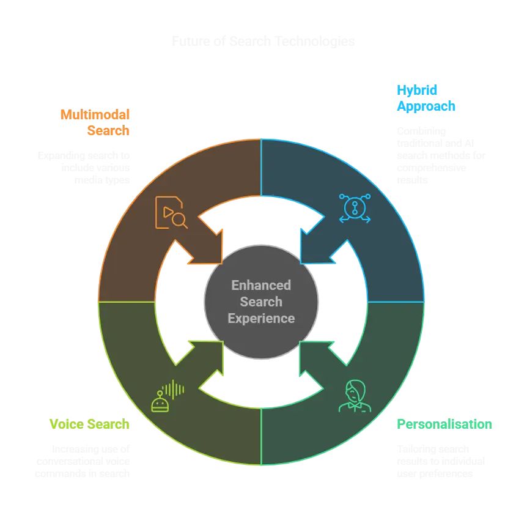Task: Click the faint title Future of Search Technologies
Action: click(263, 42)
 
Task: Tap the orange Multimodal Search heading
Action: click(95, 122)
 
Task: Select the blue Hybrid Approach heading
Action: click(426, 98)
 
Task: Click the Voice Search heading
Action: click(89, 424)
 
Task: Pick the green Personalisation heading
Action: click(444, 424)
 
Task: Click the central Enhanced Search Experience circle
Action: click(261, 302)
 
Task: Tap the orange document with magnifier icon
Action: click(171, 212)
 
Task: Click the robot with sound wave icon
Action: click(167, 396)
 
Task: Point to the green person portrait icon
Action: click(354, 396)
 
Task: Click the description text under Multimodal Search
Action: click(84, 168)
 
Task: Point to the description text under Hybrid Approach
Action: click(441, 155)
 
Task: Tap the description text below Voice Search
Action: click(83, 461)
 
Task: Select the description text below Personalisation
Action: click(441, 461)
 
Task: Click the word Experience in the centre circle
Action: click(261, 318)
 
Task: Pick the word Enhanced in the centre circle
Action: click(261, 285)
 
